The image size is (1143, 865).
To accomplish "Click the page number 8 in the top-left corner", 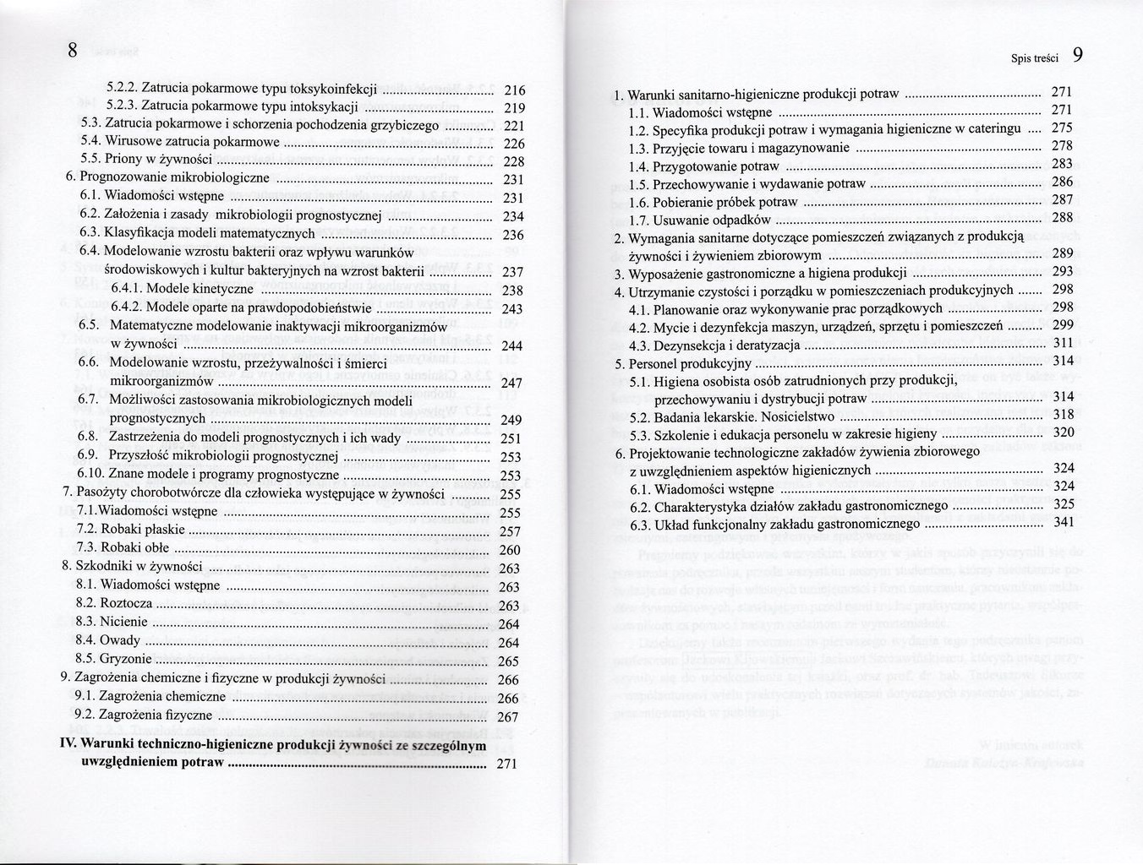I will (73, 51).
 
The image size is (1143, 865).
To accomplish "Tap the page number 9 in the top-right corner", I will (1077, 56).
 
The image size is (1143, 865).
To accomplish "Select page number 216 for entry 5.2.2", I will (514, 90).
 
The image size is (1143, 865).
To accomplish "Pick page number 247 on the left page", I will (512, 384).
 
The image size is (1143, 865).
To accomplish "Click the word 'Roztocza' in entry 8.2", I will (126, 603).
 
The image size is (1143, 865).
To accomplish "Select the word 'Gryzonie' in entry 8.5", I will (125, 659).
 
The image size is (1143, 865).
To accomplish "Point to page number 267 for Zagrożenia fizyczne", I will (508, 717).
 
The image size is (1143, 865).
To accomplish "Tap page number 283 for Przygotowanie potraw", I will (1062, 164).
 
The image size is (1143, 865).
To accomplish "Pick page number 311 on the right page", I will (1063, 343).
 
